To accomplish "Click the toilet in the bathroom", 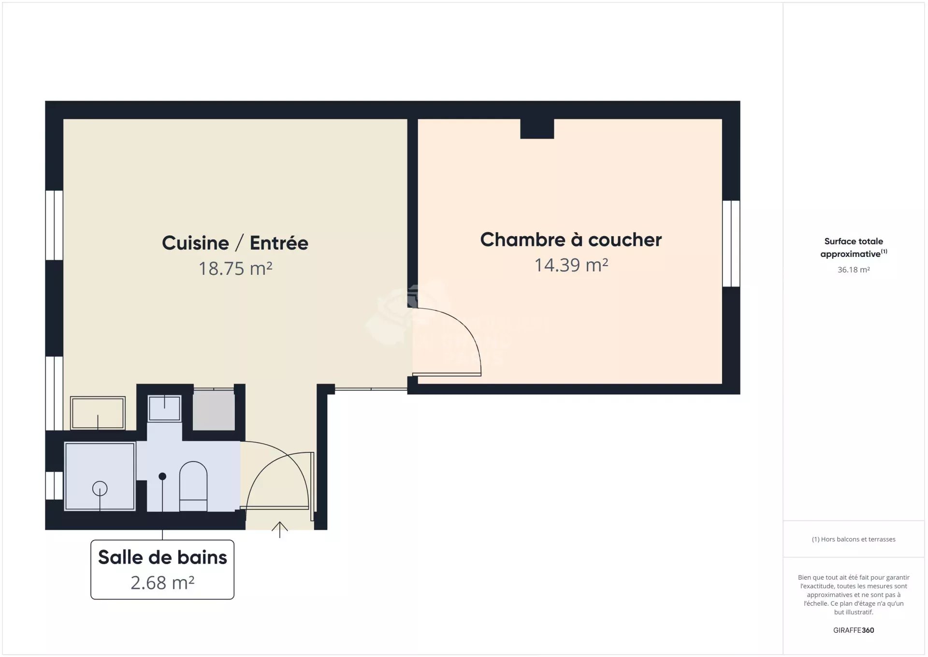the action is coord(193,486).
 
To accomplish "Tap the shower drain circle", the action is coord(100,489).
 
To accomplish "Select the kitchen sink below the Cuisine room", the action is coord(98,413).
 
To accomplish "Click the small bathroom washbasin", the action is coord(164,408).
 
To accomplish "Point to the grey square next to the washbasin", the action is coord(214,410).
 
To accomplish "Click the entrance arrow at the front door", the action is coord(280,530).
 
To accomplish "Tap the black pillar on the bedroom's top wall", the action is coord(537,129).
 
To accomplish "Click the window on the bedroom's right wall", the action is coord(731,243).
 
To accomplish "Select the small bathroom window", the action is coord(54,485).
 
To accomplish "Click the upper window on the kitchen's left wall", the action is coord(54,225).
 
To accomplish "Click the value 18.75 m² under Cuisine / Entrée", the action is coord(235,269).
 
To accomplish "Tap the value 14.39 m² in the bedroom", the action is coord(571,265).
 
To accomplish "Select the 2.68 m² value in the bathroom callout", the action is coord(162,583).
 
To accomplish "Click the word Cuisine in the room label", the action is coord(195,243).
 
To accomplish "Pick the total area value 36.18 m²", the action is coord(854,270).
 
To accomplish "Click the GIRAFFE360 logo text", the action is coord(854,630).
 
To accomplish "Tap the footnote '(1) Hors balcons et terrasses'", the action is coord(854,539).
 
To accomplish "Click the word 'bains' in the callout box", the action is coord(202,557).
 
